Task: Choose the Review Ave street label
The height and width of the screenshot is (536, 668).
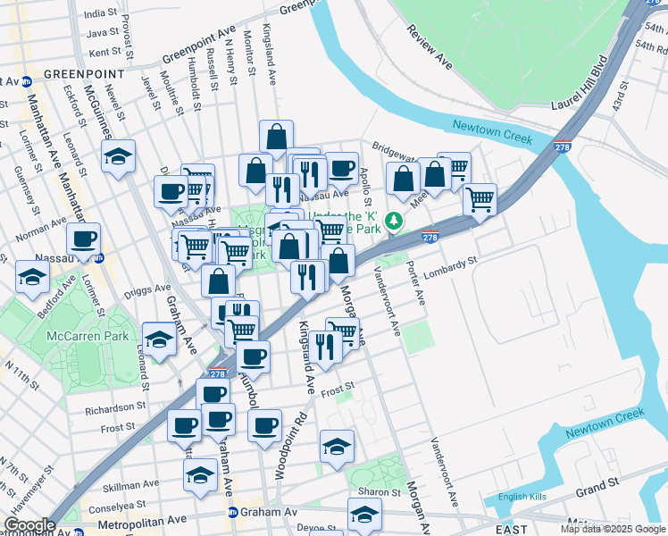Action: pos(430,48)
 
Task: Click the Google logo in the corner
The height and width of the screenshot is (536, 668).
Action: pos(30,525)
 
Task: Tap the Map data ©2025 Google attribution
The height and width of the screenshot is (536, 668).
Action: pos(613,529)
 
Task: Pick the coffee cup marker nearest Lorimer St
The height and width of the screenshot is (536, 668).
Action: pos(83,239)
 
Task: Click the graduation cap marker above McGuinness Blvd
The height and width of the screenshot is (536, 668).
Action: pos(118,157)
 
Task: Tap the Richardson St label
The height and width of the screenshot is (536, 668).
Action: pos(113,411)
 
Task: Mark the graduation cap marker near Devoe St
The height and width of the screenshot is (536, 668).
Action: pos(364,515)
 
